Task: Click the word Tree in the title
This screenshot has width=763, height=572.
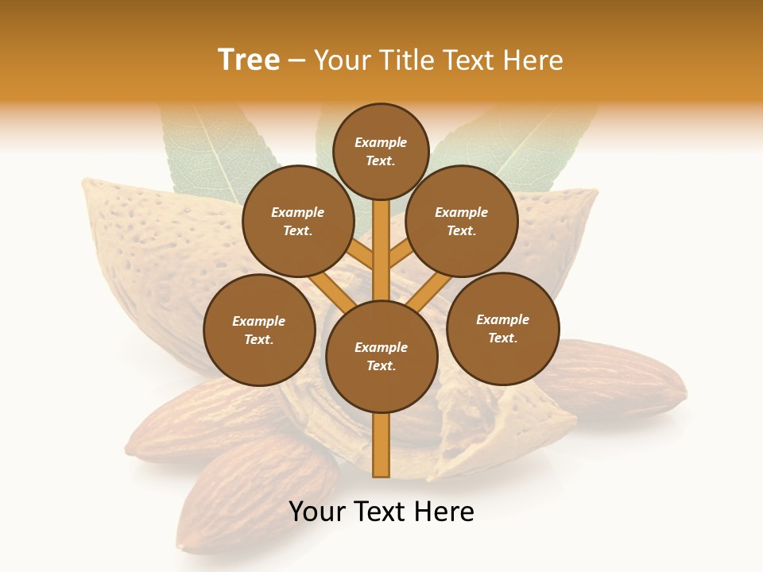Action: point(249,60)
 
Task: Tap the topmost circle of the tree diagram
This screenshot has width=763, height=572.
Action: point(381,151)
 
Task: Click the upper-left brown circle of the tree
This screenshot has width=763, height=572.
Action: point(297,221)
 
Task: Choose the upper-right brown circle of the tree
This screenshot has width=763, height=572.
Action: point(462,221)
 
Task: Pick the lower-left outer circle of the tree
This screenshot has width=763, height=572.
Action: point(258,330)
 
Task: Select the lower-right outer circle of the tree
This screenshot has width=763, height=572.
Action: point(502,328)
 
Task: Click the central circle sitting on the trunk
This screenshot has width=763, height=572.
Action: point(381,357)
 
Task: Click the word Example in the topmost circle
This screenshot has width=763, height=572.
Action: point(381,142)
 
